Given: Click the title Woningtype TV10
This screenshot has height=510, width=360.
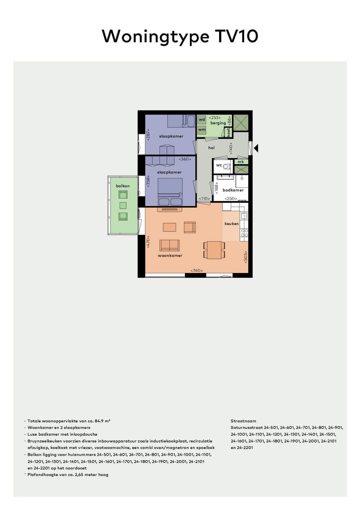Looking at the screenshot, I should (x=180, y=36).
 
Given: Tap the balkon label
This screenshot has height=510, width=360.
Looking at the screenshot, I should (x=123, y=186).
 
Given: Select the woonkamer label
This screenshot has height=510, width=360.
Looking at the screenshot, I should (x=170, y=256).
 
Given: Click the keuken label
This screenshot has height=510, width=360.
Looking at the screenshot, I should (x=231, y=223).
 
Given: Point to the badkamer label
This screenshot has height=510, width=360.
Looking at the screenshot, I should (x=233, y=190).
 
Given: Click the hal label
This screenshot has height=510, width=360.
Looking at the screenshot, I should (x=211, y=148).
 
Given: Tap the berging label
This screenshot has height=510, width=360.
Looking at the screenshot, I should (x=218, y=123).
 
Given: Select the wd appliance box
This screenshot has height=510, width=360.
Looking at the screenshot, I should (x=202, y=119).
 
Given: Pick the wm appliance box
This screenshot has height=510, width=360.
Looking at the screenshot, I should (x=202, y=130).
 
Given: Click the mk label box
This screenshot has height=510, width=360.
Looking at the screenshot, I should (x=241, y=162).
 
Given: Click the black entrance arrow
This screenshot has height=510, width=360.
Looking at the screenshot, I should (x=256, y=148).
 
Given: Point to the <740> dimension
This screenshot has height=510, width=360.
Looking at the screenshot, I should (x=197, y=271).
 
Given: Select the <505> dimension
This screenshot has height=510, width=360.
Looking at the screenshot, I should (x=246, y=257).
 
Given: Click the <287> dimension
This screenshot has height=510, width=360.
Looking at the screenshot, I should (x=148, y=134).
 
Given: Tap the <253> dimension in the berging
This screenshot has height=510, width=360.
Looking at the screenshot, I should (x=215, y=117).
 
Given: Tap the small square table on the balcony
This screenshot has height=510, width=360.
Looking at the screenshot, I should (x=123, y=205).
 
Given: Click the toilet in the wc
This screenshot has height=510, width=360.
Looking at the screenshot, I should (x=227, y=166).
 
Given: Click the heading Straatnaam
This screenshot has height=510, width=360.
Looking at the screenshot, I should (x=243, y=421).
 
